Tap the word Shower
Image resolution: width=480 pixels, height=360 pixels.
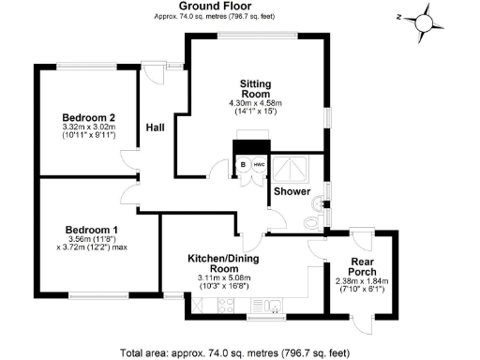click(292, 192)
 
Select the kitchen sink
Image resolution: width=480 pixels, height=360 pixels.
click(273, 305)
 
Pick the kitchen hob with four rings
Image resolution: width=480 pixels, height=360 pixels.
click(226, 305)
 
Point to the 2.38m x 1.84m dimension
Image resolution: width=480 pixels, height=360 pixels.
click(363, 281)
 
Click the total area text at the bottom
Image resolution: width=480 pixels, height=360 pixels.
click(239, 352)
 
